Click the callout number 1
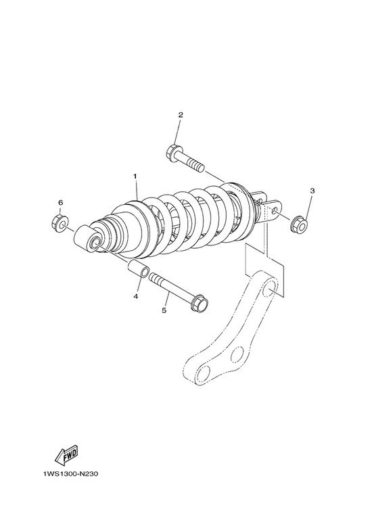[x=135, y=176]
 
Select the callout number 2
[x=181, y=115]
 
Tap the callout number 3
[x=312, y=191]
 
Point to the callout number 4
[x=136, y=296]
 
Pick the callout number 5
[x=164, y=310]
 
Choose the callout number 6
[x=61, y=203]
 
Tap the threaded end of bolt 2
[x=197, y=166]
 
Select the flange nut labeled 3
[x=299, y=225]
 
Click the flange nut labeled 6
[x=60, y=222]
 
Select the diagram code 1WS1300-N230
[x=70, y=474]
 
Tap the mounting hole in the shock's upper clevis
[x=275, y=210]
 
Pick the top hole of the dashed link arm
[x=270, y=289]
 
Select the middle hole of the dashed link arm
[x=237, y=354]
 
